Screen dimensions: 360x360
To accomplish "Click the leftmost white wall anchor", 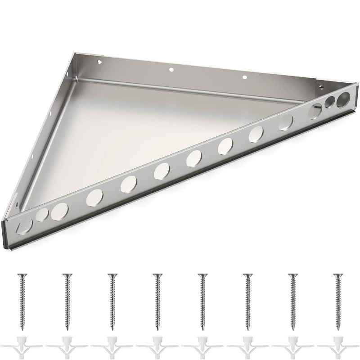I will tap(21, 346).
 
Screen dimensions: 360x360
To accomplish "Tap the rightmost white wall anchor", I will tap(337, 346).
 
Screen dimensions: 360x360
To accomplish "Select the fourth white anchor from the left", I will tap(157, 346).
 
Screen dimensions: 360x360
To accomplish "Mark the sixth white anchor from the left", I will tap(247, 346).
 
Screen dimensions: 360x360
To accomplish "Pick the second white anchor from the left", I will tap(67, 346).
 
